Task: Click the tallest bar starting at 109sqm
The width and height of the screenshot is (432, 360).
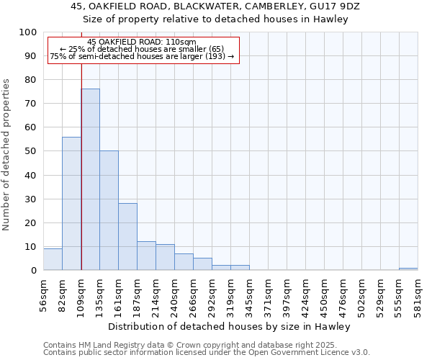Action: pyautogui.click(x=91, y=180)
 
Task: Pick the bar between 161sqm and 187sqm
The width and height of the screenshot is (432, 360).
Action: pyautogui.click(x=128, y=237)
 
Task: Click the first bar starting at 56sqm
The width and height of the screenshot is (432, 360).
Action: pyautogui.click(x=53, y=260)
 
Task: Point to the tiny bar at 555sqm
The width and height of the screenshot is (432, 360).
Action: pyautogui.click(x=408, y=269)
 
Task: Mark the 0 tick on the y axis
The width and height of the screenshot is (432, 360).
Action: pyautogui.click(x=34, y=271)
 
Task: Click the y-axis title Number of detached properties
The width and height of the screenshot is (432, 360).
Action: pyautogui.click(x=7, y=155)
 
